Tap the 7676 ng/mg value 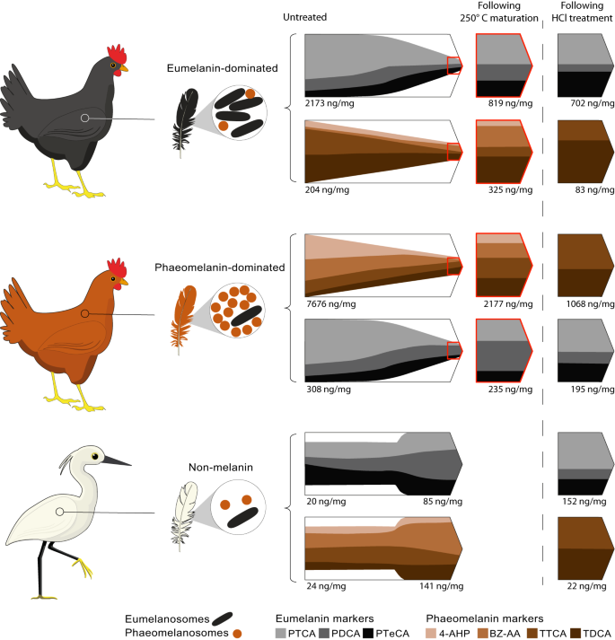click(327, 304)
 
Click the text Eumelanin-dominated click(214, 67)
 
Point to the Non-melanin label click(213, 467)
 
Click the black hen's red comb click(117, 51)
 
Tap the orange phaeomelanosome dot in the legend click(237, 632)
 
